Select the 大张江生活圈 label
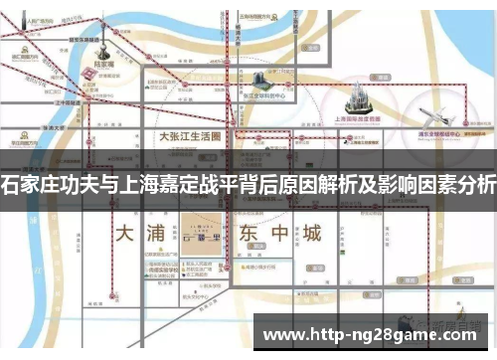190,140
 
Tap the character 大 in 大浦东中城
124,235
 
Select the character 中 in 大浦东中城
278,235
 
